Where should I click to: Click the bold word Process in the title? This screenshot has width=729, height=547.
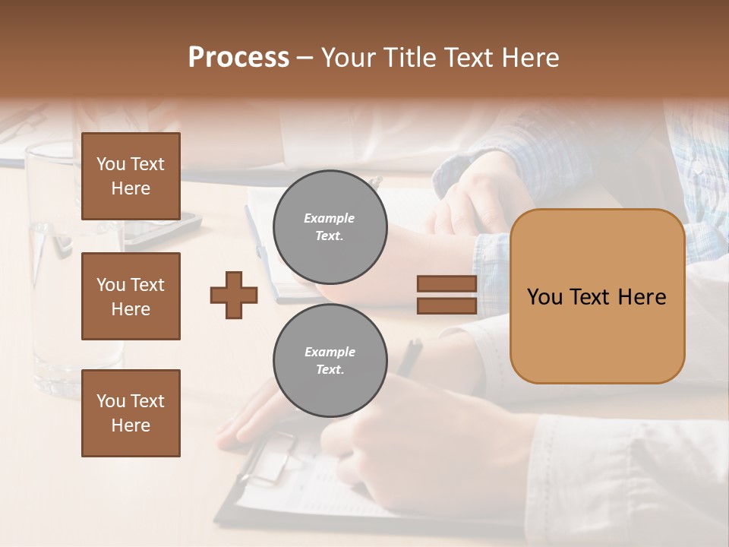pyautogui.click(x=238, y=58)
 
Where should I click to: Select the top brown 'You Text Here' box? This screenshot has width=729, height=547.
pyautogui.click(x=131, y=176)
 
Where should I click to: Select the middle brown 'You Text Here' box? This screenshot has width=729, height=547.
pyautogui.click(x=131, y=296)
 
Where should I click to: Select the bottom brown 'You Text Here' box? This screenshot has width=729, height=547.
pyautogui.click(x=131, y=413)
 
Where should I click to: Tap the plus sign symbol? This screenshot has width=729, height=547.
pyautogui.click(x=234, y=295)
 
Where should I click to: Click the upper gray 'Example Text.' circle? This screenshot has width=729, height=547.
pyautogui.click(x=330, y=226)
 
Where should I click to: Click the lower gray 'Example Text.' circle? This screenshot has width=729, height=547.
pyautogui.click(x=330, y=360)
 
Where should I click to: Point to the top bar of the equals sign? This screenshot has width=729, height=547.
pyautogui.click(x=447, y=284)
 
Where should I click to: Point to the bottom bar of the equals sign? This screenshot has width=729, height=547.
pyautogui.click(x=447, y=305)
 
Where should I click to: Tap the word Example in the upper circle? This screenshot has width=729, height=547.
pyautogui.click(x=330, y=218)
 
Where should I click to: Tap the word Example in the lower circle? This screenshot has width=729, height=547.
pyautogui.click(x=330, y=352)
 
